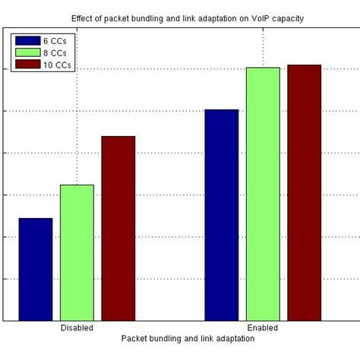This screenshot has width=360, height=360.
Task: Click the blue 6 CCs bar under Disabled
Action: pos(36,269)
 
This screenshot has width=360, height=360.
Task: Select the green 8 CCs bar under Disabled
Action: pos(77,252)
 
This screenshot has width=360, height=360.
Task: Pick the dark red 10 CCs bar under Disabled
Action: pos(118,228)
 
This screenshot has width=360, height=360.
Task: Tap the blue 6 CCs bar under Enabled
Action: pos(222,215)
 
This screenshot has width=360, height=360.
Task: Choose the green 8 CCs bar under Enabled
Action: pos(263,194)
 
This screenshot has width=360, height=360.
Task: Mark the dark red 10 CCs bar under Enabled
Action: pos(304,192)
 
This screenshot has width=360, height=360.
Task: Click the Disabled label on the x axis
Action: pos(77,328)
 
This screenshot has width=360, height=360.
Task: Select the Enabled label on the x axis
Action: pos(262,328)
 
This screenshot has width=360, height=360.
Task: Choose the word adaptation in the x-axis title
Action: pos(232,339)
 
